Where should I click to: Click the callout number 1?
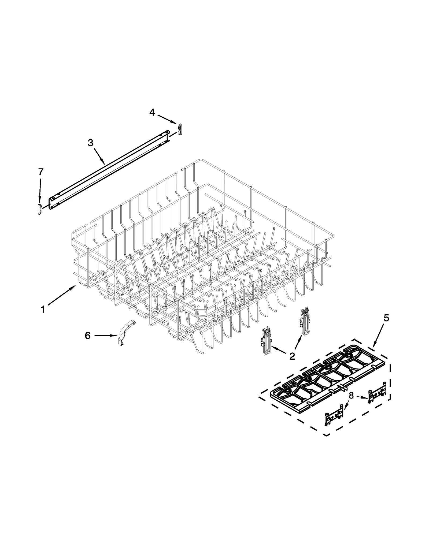click(43, 310)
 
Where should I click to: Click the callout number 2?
click(292, 356)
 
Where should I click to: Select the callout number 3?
click(90, 143)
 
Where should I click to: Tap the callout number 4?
click(152, 113)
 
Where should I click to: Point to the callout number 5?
click(386, 318)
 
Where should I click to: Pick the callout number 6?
click(88, 336)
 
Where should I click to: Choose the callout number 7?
click(40, 172)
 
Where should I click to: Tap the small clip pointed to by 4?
click(180, 129)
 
